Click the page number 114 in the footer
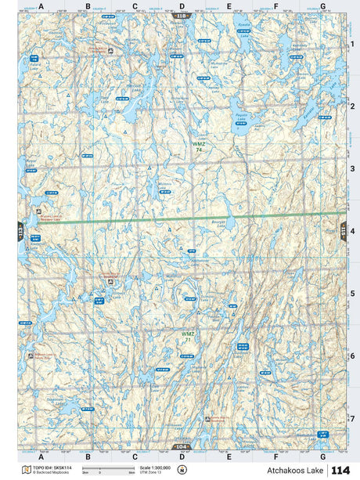tap(340, 470)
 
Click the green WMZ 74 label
tap(200, 146)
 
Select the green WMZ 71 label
tap(188, 337)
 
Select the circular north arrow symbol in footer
tap(182, 470)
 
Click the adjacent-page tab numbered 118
tap(182, 15)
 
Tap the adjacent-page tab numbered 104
tap(182, 446)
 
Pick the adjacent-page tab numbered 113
tap(20, 230)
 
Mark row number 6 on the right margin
tap(353, 356)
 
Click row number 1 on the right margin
tap(353, 44)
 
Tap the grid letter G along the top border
tap(323, 6)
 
